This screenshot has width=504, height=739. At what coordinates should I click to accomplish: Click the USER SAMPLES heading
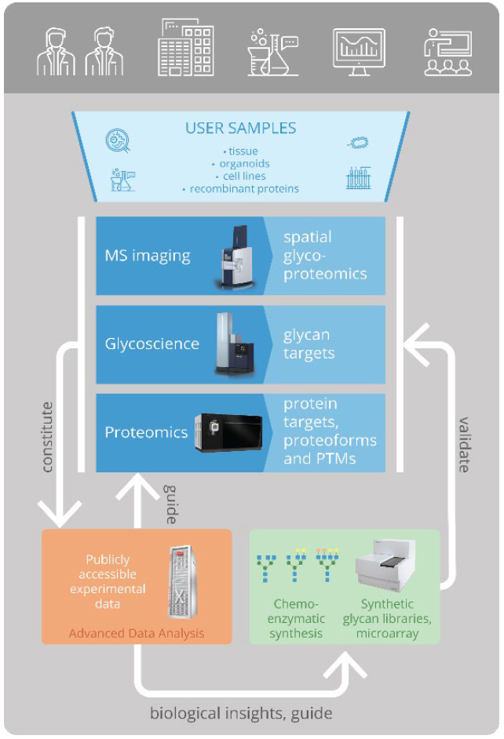(240, 128)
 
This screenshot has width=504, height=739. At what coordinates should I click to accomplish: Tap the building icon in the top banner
(186, 49)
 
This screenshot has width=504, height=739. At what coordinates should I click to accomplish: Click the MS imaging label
(148, 256)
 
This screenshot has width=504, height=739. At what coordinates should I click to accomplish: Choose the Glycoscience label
(152, 344)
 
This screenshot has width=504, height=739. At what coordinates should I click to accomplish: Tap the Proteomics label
(146, 432)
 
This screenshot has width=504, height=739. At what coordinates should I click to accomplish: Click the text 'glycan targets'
(309, 344)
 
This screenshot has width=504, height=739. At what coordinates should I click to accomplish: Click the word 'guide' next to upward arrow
(169, 503)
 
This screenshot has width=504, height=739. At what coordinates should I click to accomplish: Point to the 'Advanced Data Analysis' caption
(137, 633)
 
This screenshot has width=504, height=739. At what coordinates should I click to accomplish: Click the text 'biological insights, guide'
(241, 713)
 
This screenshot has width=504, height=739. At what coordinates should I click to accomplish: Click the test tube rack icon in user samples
(358, 179)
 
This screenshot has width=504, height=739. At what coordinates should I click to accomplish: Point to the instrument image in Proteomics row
(227, 431)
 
